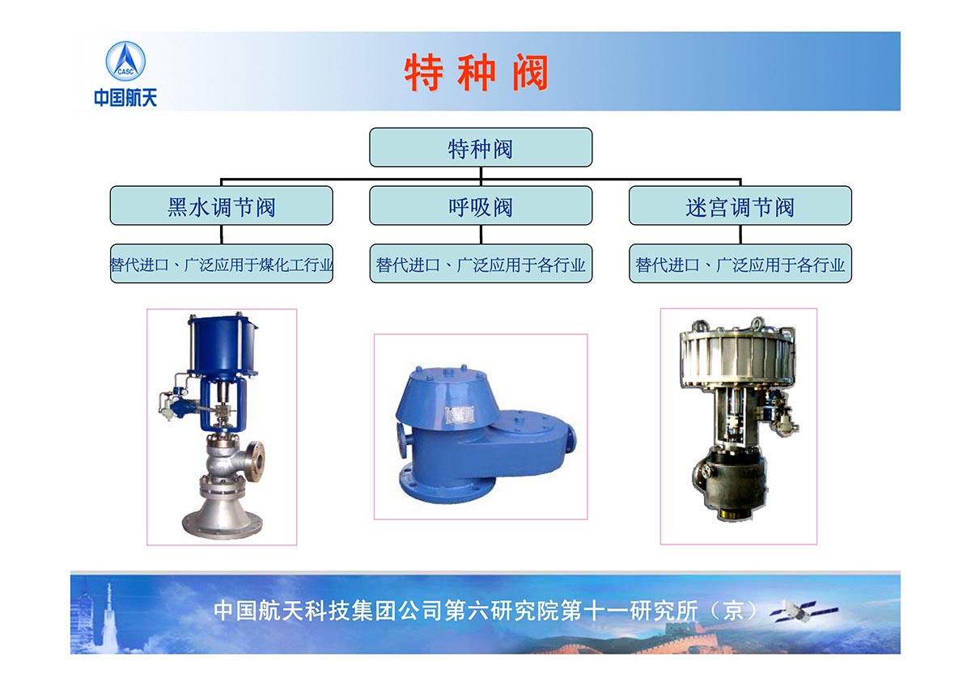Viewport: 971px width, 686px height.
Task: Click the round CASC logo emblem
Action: coord(125,61)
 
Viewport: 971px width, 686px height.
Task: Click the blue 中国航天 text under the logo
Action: coord(125,98)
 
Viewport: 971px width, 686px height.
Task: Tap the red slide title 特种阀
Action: coord(476,72)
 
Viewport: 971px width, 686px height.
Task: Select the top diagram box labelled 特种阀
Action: coord(481,147)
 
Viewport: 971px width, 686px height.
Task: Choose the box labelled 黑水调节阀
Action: coord(222,205)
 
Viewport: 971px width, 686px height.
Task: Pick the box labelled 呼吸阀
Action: coord(481,205)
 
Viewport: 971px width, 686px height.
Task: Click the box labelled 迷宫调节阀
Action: coord(740,205)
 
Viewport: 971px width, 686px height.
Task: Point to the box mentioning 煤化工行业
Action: coord(222,264)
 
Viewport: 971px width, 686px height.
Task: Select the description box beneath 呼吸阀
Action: coord(481,264)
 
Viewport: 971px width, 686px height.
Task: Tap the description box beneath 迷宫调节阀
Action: coord(740,264)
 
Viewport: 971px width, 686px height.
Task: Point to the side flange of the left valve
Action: coord(257,461)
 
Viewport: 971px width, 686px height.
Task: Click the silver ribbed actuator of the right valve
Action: coord(738,356)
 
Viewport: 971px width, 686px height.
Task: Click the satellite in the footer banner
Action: coord(804,612)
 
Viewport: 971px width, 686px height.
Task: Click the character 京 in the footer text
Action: coord(733,612)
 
